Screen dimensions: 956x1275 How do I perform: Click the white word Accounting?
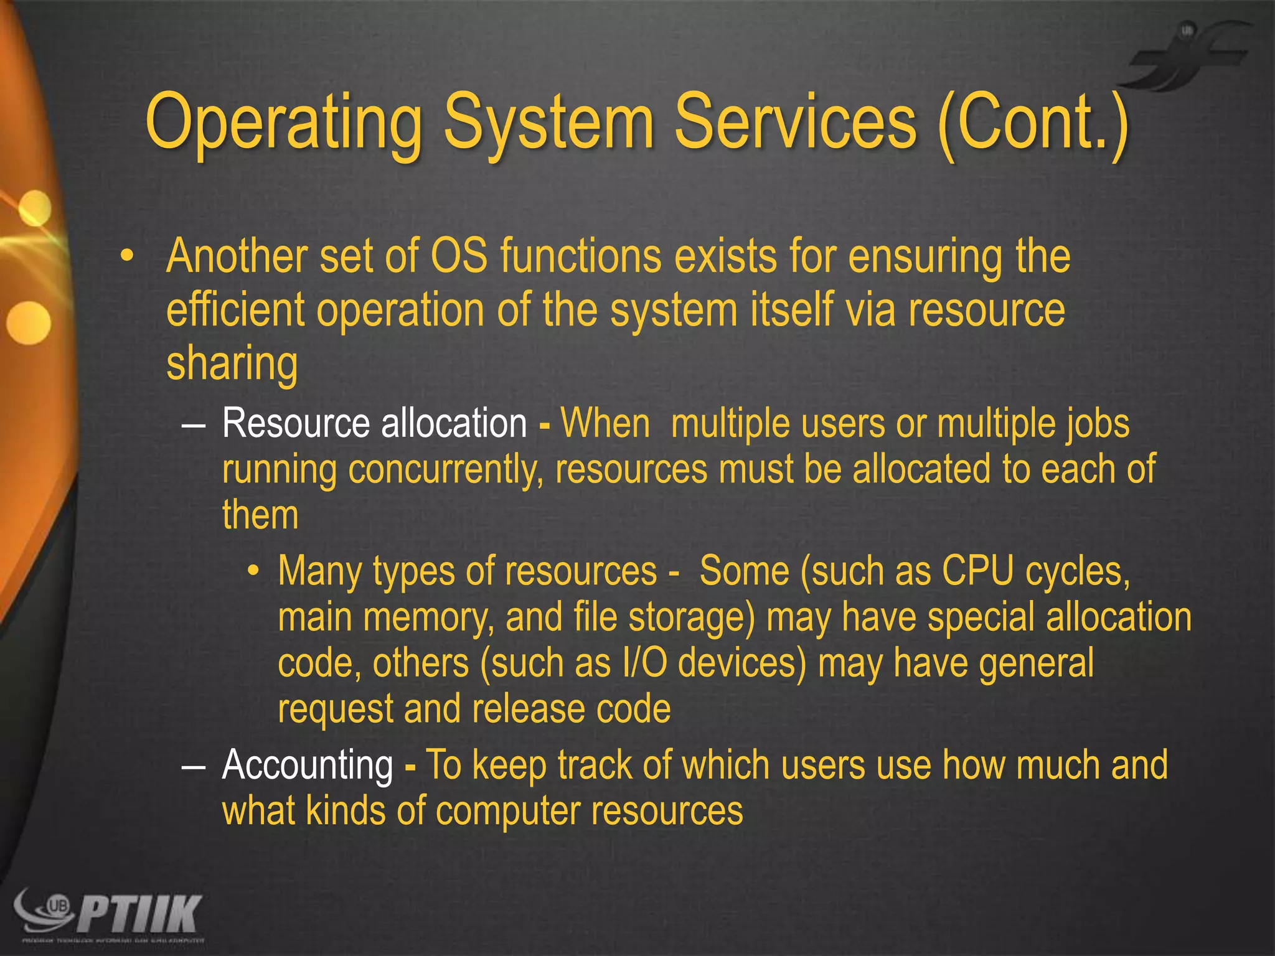click(x=308, y=765)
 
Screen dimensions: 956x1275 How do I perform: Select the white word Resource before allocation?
click(x=296, y=424)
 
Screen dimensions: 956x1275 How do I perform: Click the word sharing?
click(x=232, y=364)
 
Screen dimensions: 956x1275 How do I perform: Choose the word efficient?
click(x=235, y=310)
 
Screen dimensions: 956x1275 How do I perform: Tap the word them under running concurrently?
click(x=260, y=516)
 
